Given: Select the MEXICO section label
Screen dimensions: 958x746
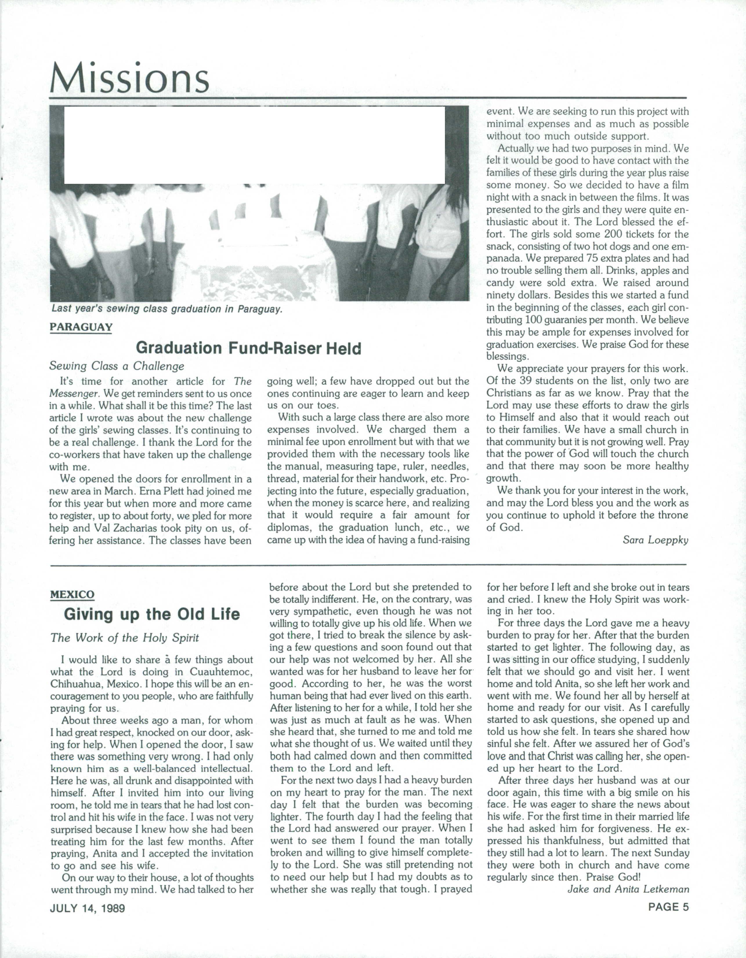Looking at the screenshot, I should point(73,595).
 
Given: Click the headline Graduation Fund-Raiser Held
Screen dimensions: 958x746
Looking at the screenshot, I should point(248,348).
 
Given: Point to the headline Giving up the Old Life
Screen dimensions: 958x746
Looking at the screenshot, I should point(152,614).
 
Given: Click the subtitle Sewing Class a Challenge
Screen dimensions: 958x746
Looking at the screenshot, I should point(117,366).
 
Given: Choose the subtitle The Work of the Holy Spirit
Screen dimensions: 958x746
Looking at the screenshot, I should point(125,638).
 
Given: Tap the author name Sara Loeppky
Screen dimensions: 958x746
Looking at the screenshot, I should point(655,540).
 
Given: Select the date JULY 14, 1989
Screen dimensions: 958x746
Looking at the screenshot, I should point(87,908).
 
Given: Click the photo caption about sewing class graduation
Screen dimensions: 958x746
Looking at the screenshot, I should point(167,309).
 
